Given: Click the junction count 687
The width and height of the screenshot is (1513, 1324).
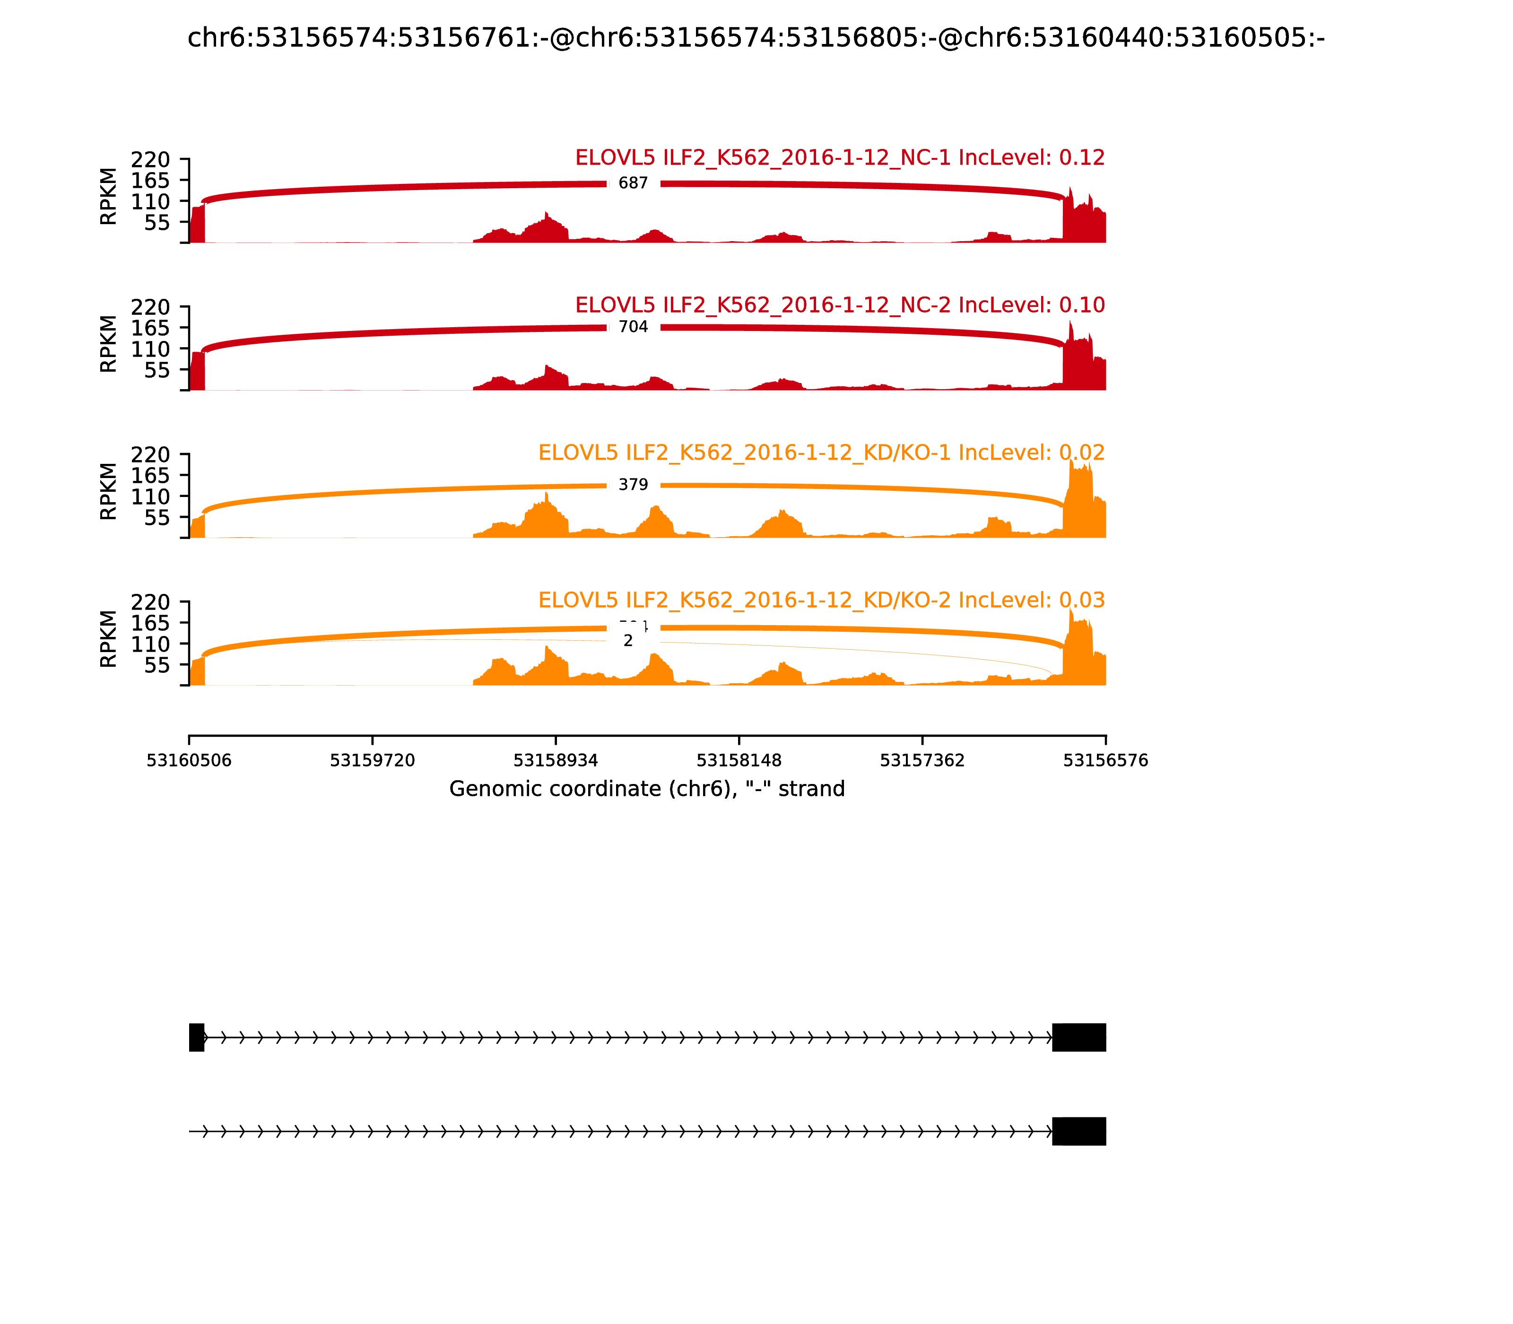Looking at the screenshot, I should point(633,183).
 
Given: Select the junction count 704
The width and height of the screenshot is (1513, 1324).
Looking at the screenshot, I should point(633,327).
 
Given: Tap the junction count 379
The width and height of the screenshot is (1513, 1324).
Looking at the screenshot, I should point(633,485).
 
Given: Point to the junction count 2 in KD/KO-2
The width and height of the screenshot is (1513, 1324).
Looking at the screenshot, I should point(628,641).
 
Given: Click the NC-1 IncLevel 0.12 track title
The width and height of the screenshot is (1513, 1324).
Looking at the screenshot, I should point(840,157).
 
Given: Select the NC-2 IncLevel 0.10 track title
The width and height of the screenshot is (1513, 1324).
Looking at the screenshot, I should point(840,305).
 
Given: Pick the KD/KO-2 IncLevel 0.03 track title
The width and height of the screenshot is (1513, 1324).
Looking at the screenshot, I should point(822,600).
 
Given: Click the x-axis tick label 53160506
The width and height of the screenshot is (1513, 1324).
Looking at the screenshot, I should point(189,760).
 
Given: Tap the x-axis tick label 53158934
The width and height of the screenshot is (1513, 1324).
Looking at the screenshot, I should point(556,760).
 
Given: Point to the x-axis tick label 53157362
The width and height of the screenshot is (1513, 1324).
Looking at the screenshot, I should point(922,760).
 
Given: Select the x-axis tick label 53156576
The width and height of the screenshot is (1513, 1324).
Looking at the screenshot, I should point(1105,760).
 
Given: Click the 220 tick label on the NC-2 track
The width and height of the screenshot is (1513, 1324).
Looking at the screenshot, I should point(151,307).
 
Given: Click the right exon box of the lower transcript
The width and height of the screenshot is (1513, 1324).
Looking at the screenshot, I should point(1078,1131).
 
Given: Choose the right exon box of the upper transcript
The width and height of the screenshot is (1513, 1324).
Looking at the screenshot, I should point(1078,1037).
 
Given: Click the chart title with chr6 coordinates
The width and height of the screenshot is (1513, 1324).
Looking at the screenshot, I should point(756,38).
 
